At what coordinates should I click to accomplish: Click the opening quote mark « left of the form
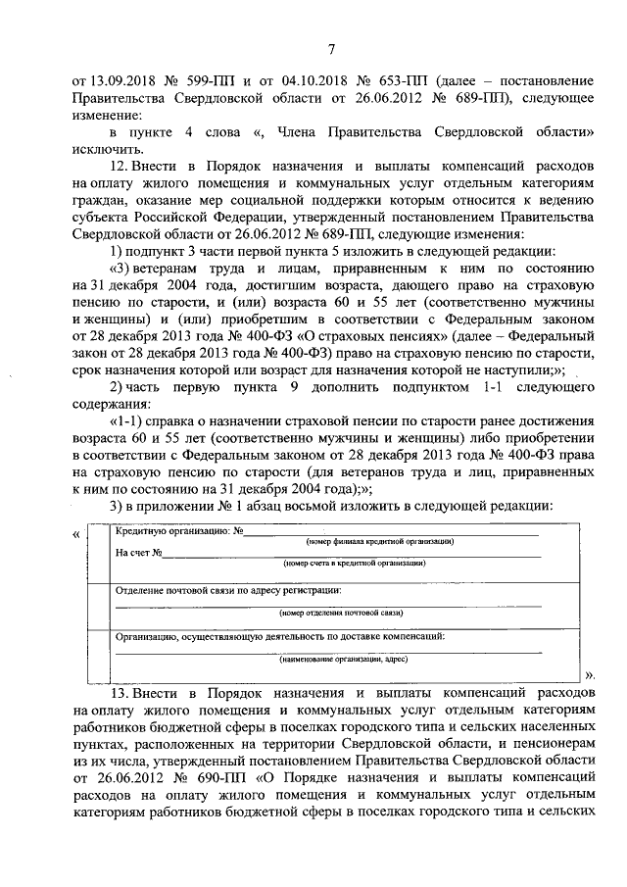tap(77, 534)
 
